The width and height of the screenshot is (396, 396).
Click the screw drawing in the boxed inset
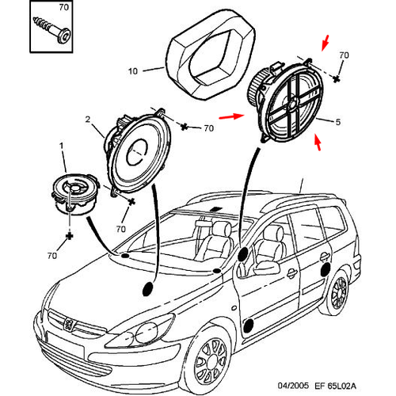(52, 30)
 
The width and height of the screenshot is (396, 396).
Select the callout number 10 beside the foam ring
(133, 71)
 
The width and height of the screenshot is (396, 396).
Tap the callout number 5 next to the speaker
(338, 122)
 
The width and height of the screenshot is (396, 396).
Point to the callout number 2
(88, 120)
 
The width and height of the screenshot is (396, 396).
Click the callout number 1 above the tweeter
(62, 146)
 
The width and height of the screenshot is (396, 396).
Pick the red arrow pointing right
(232, 116)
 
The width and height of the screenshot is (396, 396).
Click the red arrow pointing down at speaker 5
(326, 43)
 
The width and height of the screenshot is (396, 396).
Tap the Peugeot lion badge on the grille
(69, 324)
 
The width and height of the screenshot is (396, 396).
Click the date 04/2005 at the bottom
(293, 386)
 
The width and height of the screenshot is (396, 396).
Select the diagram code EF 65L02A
(335, 386)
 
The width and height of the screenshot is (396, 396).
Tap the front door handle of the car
(291, 273)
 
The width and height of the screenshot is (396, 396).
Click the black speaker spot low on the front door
(249, 326)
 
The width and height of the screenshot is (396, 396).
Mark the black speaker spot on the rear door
(326, 270)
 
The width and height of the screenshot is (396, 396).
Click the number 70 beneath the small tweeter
(52, 256)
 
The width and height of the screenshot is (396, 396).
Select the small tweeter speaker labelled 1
(75, 194)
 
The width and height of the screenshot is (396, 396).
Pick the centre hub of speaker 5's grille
(292, 103)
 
